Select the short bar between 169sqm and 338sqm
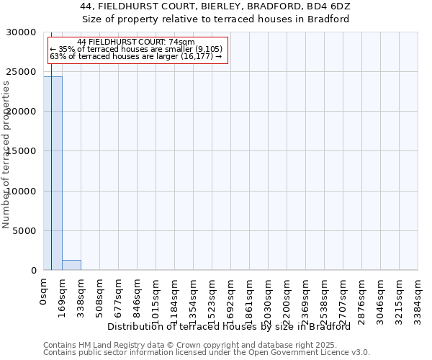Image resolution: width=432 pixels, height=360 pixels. click(x=71, y=265)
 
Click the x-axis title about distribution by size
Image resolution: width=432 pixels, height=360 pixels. click(x=233, y=327)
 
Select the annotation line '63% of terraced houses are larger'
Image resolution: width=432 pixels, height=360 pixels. click(x=136, y=56)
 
